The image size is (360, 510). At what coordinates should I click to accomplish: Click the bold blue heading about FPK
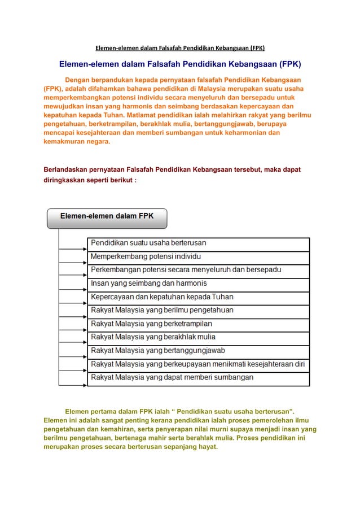[181, 63]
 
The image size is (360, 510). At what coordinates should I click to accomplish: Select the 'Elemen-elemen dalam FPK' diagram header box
[107, 217]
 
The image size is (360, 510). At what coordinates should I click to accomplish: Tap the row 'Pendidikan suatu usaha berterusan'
[197, 243]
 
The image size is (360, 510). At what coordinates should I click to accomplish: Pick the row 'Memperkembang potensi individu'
[197, 257]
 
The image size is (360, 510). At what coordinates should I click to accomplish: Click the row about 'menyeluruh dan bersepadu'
[197, 270]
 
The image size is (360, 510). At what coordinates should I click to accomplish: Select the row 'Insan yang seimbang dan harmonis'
[197, 284]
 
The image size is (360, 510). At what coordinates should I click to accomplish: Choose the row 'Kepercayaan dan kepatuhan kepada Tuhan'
[197, 297]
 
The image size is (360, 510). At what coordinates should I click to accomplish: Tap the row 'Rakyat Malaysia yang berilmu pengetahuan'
[197, 311]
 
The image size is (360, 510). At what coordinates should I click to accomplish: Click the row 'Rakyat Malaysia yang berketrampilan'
[197, 324]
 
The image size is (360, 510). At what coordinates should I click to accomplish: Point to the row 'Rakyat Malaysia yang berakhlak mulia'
[197, 337]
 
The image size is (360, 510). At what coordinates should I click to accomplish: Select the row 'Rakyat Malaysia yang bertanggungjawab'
[197, 351]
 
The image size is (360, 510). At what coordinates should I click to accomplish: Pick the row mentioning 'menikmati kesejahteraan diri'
[197, 364]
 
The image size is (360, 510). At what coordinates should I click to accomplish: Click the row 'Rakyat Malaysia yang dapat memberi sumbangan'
[197, 378]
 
